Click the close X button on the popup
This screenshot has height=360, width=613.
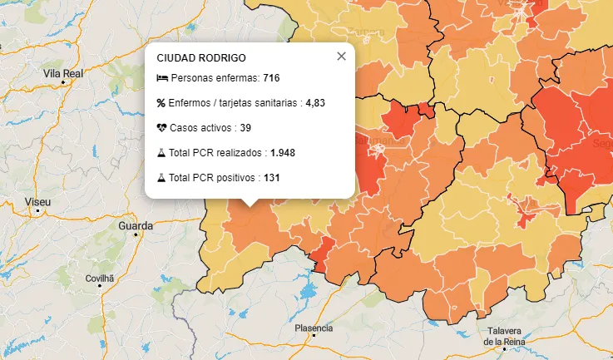pyautogui.click(x=341, y=57)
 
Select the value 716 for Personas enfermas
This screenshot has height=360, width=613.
pyautogui.click(x=271, y=78)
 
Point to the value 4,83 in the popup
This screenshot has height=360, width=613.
pyautogui.click(x=315, y=103)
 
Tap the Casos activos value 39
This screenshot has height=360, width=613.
pyautogui.click(x=245, y=128)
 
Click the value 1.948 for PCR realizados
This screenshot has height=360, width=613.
pyautogui.click(x=283, y=153)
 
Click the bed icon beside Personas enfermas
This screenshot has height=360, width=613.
pyautogui.click(x=161, y=78)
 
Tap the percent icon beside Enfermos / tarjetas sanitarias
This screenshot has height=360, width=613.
pyautogui.click(x=161, y=103)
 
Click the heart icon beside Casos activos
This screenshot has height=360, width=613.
pyautogui.click(x=161, y=128)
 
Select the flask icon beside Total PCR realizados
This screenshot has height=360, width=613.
pyautogui.click(x=161, y=153)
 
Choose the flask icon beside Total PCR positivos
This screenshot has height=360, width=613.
pyautogui.click(x=161, y=178)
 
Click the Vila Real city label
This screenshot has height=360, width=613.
pyautogui.click(x=63, y=74)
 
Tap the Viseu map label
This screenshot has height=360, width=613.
pyautogui.click(x=38, y=202)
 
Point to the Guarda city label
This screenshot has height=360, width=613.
pyautogui.click(x=136, y=226)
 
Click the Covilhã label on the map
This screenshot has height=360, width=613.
pyautogui.click(x=100, y=278)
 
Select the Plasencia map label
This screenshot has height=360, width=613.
pyautogui.click(x=314, y=328)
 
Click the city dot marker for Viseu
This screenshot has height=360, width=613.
pyautogui.click(x=38, y=211)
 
